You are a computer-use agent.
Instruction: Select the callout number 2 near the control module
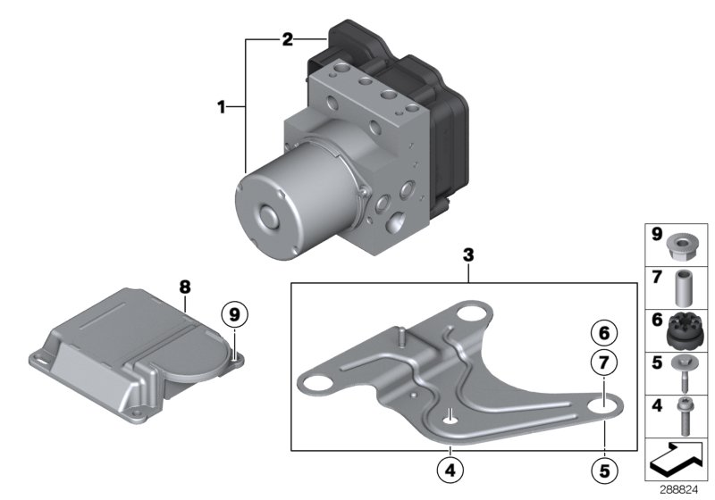click(287, 39)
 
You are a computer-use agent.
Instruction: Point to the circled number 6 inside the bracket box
click(604, 333)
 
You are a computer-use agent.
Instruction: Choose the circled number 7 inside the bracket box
click(604, 362)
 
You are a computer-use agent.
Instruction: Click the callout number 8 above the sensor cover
click(185, 287)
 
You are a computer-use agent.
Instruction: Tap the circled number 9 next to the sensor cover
click(234, 315)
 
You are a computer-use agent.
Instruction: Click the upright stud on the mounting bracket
click(403, 337)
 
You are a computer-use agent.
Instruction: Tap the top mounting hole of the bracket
click(469, 315)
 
